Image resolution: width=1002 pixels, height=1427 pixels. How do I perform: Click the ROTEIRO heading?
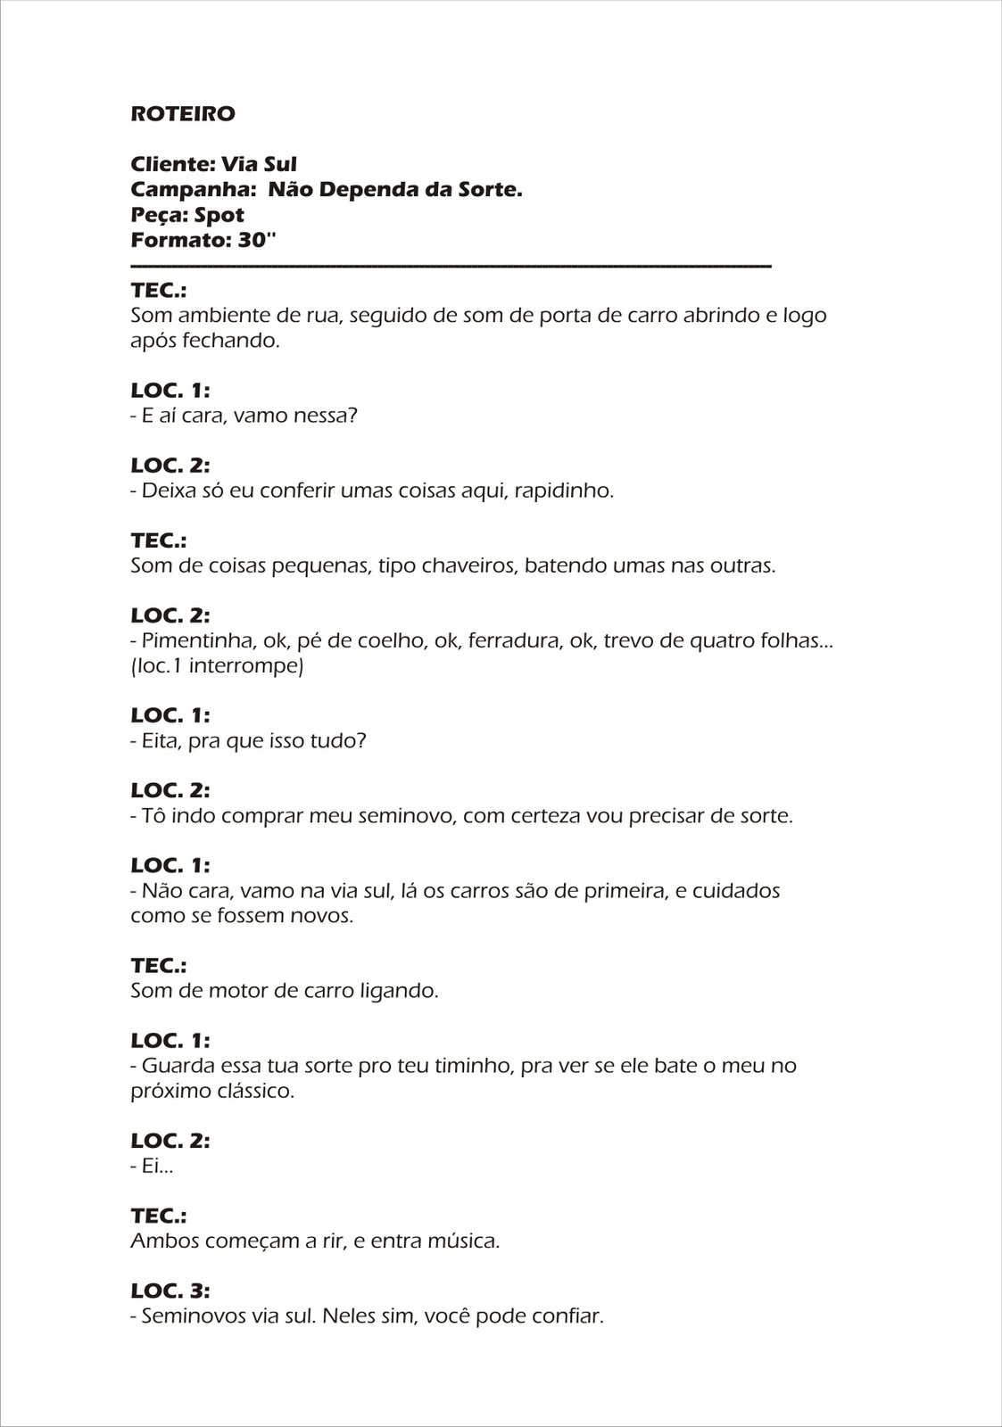coord(183,114)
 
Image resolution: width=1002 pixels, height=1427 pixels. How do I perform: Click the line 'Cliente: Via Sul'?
coord(213,164)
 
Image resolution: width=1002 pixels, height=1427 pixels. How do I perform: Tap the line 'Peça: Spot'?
coord(187,215)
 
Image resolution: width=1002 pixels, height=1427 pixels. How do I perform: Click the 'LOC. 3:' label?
coord(170,1291)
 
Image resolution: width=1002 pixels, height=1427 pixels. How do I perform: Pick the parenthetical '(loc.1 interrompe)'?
coord(217,665)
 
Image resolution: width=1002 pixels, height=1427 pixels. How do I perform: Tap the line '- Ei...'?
coord(152,1166)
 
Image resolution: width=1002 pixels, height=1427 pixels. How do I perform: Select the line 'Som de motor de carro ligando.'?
coord(285,990)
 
